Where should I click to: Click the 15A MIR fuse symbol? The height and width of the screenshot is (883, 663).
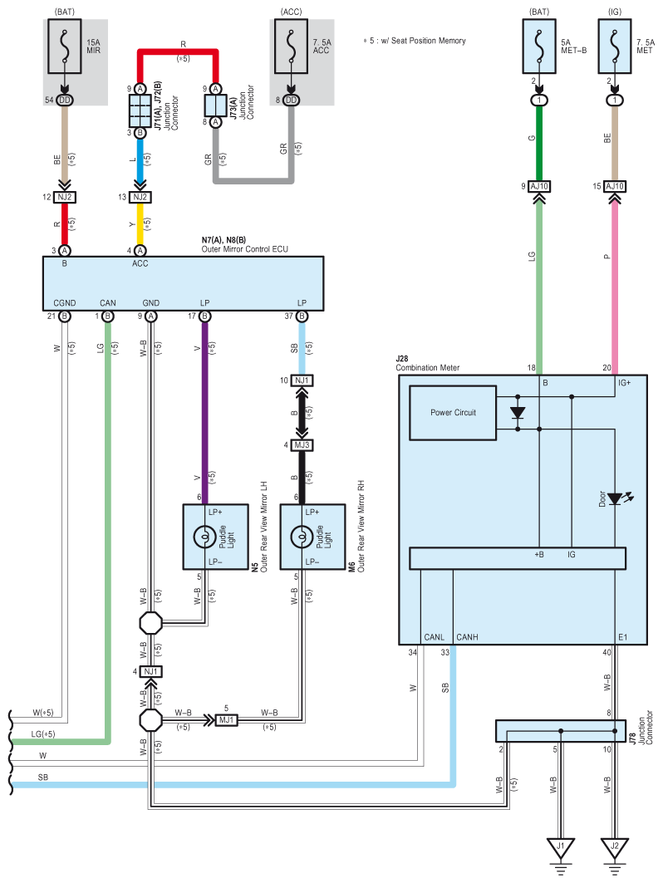[x=65, y=47]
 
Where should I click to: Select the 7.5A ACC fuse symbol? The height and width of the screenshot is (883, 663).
[x=292, y=47]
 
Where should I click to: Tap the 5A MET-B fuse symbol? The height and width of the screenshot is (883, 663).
[x=539, y=47]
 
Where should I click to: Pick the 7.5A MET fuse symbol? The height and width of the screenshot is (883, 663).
[x=615, y=47]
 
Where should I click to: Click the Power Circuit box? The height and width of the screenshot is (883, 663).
[x=453, y=413]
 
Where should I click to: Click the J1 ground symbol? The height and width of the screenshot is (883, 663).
[x=561, y=851]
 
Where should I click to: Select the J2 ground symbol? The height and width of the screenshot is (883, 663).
[x=615, y=851]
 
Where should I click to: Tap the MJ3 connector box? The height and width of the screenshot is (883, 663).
[x=302, y=445]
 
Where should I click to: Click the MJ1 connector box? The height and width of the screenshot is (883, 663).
[x=227, y=719]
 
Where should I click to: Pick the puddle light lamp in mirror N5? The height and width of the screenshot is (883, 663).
[x=204, y=537]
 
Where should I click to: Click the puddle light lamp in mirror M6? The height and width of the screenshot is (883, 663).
[x=302, y=537]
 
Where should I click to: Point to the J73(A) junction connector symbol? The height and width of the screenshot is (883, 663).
[x=216, y=105]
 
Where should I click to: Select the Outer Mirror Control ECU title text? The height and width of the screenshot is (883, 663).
[x=244, y=249]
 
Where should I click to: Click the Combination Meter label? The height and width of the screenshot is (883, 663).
[x=428, y=368]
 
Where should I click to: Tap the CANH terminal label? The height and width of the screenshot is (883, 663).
[x=467, y=637]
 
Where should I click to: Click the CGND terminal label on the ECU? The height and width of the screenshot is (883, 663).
[x=65, y=303]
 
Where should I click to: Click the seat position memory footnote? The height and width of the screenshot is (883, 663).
[x=415, y=41]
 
